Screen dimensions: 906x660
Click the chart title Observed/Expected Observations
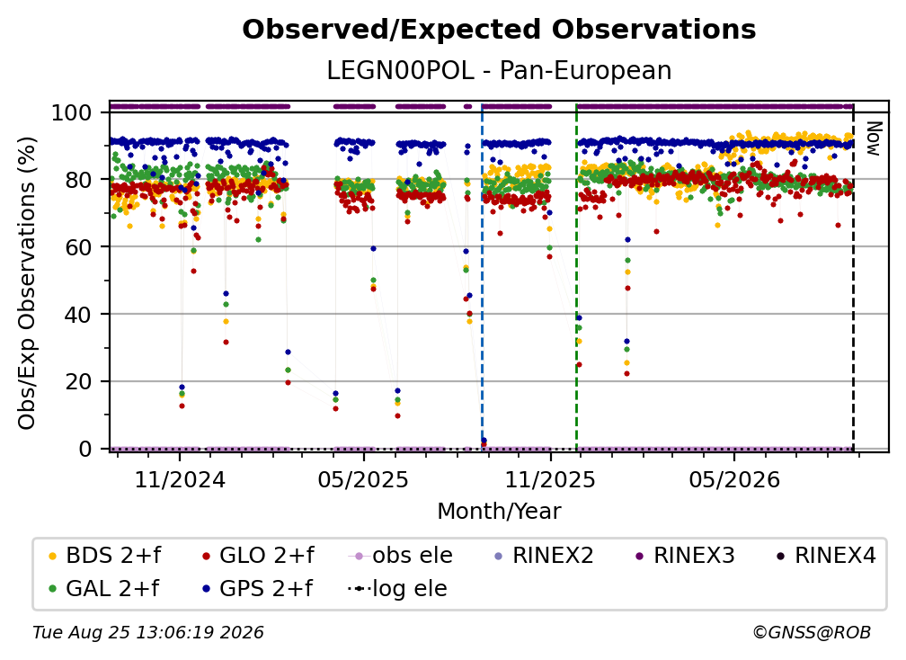(x=499, y=30)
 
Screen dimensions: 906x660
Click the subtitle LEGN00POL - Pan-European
(x=499, y=71)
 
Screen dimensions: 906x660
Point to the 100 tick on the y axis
(x=72, y=112)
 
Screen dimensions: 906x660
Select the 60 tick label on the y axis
(x=78, y=247)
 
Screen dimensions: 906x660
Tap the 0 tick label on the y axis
(x=85, y=449)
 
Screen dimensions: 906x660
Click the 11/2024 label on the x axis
(x=180, y=480)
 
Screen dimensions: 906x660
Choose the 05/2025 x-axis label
(x=363, y=480)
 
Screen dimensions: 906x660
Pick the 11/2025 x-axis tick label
(x=550, y=480)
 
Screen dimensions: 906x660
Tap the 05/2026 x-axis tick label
(x=734, y=480)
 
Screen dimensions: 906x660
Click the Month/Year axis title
(x=499, y=512)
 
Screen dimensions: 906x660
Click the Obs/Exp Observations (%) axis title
(x=27, y=282)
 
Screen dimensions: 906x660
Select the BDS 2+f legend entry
(x=104, y=556)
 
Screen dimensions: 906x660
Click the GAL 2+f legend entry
(x=104, y=589)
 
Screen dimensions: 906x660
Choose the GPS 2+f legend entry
(x=258, y=589)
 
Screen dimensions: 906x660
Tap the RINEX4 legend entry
(x=826, y=556)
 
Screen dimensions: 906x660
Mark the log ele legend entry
(x=397, y=589)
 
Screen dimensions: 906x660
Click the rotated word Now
(x=873, y=138)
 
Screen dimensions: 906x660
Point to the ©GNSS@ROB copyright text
(x=812, y=633)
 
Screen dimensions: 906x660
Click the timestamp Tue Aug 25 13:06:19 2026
(x=148, y=633)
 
